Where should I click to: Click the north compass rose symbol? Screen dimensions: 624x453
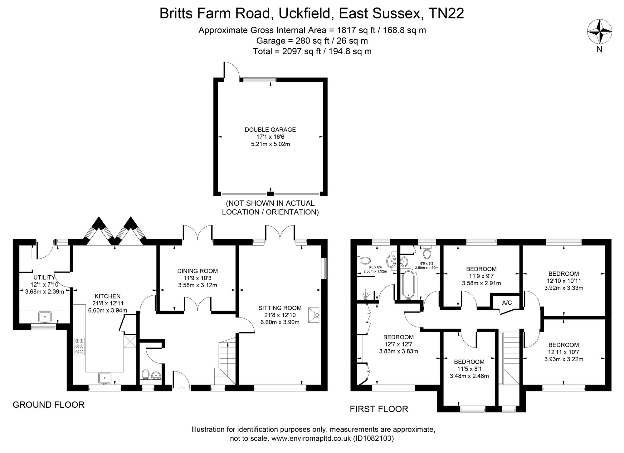point(599,31)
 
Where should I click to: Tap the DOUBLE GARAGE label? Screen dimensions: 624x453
point(270,130)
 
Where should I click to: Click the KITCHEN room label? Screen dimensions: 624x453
point(108,296)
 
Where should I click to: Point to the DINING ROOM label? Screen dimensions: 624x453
point(197,271)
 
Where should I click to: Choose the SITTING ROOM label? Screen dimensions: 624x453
point(280,308)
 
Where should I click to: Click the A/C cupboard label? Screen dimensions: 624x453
point(507,303)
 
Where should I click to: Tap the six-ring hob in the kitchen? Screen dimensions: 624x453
point(79,346)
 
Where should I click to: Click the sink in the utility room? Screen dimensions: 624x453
point(45,317)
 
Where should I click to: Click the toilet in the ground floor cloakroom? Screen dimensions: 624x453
point(145,374)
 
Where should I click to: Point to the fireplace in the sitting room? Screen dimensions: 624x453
point(314,315)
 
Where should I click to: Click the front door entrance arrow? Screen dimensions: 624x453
point(181,388)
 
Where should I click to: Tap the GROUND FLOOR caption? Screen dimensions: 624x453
point(48,405)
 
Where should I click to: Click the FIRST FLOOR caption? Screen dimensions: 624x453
point(379,409)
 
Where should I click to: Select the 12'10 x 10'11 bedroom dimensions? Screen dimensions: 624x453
point(564,281)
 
